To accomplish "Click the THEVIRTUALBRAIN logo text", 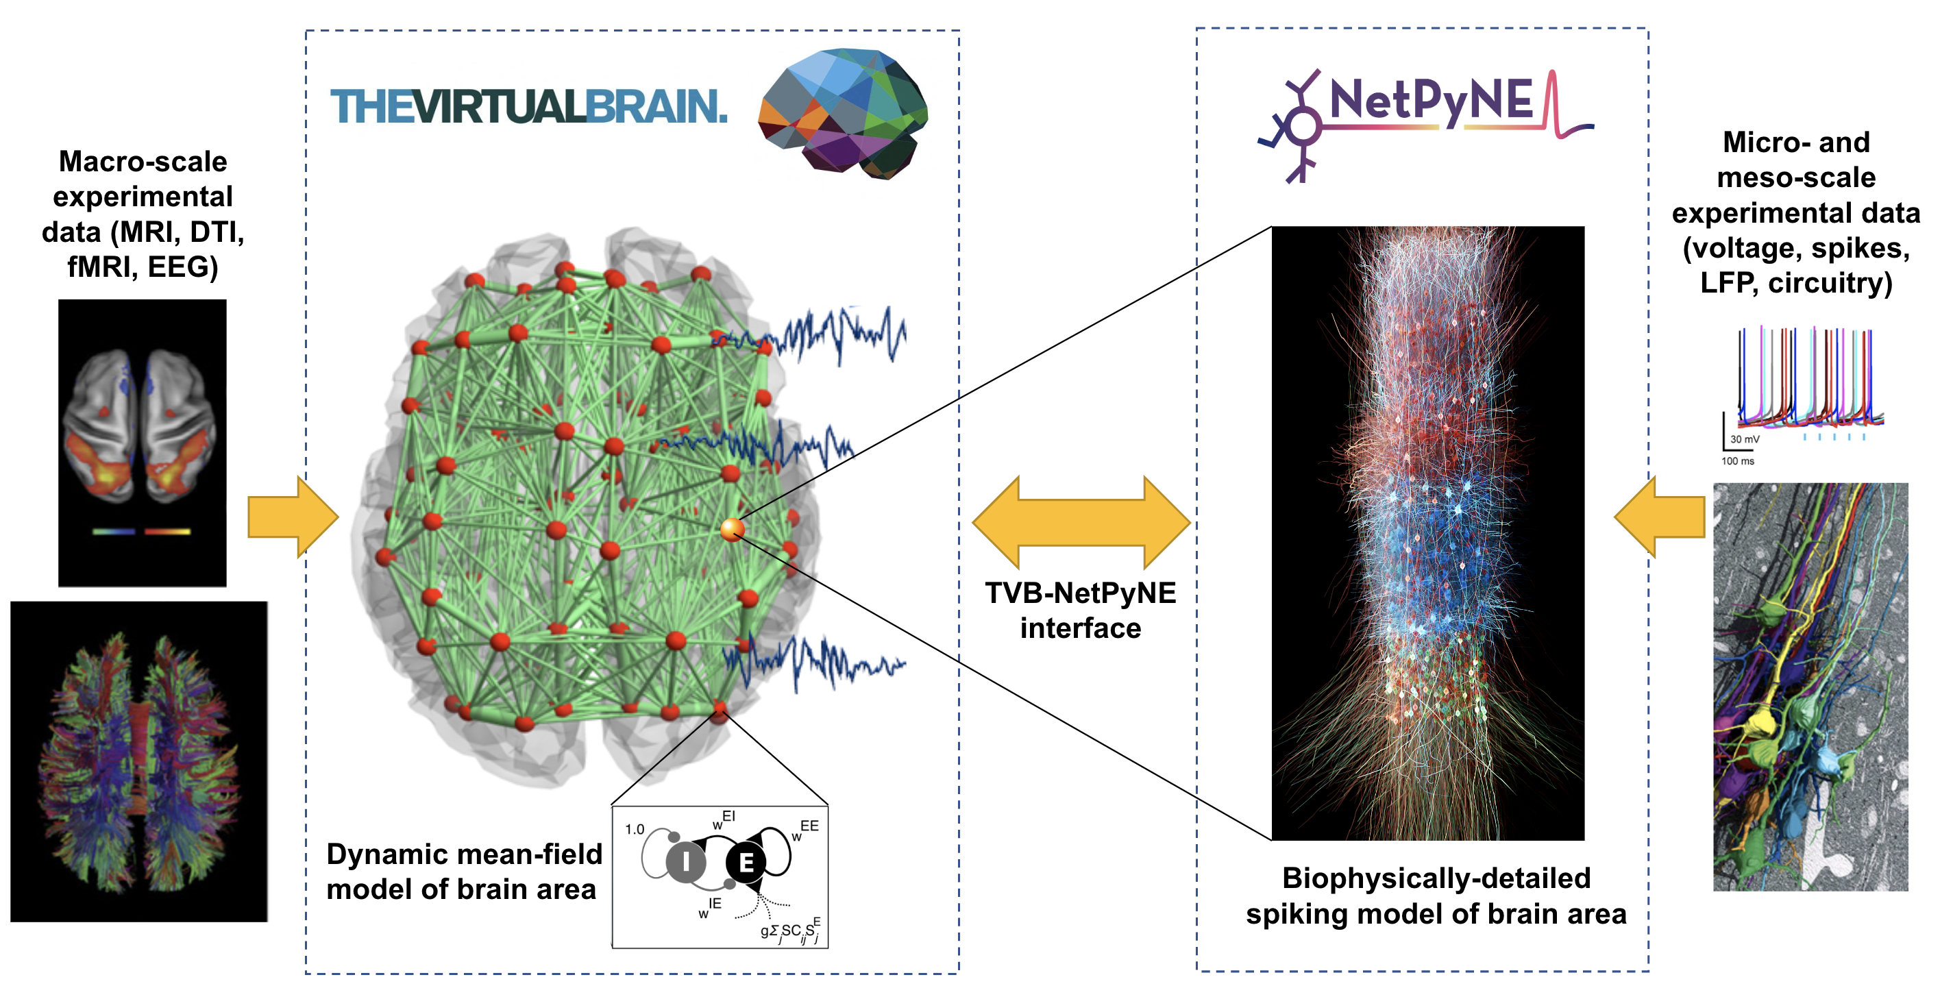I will tap(528, 106).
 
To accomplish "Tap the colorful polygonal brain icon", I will tap(842, 114).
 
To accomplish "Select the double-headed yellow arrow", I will tap(1081, 522).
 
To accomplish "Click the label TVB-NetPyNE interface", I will tap(1081, 611).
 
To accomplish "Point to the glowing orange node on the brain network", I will tap(732, 529).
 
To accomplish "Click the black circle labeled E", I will tap(746, 862).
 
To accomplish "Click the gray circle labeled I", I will tap(685, 862).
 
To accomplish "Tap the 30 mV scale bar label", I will tap(1745, 440).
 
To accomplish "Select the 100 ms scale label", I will tap(1737, 461).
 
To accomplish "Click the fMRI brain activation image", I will tap(143, 443).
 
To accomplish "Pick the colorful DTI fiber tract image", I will tap(138, 761).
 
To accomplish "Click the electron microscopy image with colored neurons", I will tap(1810, 687).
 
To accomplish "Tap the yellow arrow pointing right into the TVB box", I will tap(292, 517).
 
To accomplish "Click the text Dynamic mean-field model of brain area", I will tap(464, 872).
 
